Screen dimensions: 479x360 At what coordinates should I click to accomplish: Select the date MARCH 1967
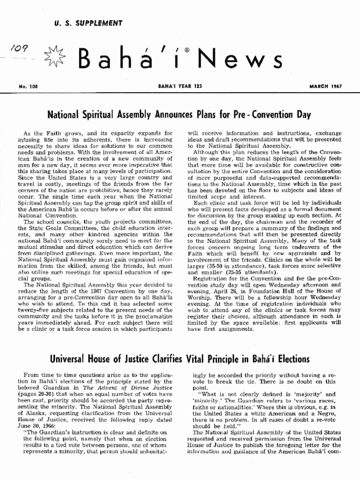pyautogui.click(x=325, y=87)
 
